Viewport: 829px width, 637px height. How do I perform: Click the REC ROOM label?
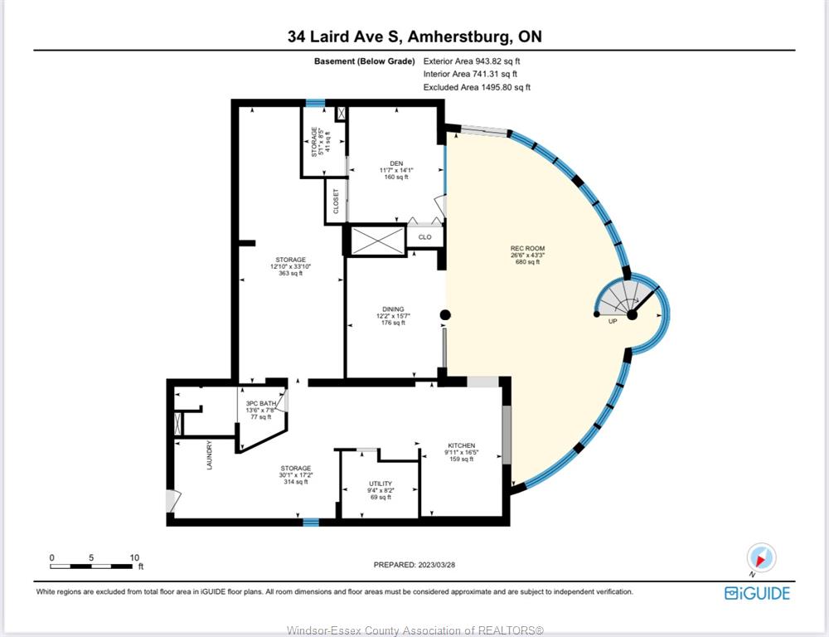(x=527, y=248)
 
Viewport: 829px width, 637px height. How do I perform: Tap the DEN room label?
(x=396, y=163)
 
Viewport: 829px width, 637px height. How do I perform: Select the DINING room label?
(x=393, y=309)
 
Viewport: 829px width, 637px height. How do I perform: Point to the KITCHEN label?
(x=462, y=445)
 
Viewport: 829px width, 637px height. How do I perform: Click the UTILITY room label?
(x=381, y=484)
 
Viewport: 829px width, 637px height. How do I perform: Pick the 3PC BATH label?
(x=261, y=404)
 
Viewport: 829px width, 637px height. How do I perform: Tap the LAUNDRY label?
(x=210, y=455)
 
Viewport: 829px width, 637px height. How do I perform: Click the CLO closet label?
(x=425, y=237)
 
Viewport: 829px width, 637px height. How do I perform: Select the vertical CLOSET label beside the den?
(x=336, y=202)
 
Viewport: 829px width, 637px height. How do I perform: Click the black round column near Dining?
(x=445, y=315)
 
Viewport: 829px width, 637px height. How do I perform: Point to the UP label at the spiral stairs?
(x=613, y=321)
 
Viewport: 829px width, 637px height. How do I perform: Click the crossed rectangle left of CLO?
(x=377, y=241)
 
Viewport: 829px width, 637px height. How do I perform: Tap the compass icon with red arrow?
(x=761, y=557)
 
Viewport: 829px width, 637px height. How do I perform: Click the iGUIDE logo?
(x=757, y=593)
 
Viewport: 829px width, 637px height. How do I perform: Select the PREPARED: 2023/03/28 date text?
(x=414, y=565)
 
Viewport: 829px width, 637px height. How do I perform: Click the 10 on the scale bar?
(x=134, y=557)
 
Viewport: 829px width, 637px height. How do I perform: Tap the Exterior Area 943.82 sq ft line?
(x=472, y=61)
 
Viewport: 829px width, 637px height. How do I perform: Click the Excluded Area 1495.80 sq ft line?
(x=477, y=87)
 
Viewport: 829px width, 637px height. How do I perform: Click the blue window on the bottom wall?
(x=311, y=523)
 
